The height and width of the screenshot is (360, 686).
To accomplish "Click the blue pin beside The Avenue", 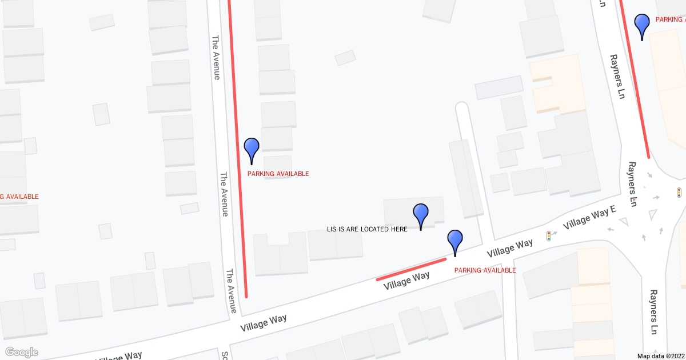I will pos(252,149).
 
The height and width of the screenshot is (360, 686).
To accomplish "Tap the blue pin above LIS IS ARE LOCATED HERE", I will pos(421,215).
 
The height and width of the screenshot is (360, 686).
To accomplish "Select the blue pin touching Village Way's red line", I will pos(454,241).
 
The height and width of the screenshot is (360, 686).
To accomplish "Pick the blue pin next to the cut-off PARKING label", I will pos(643,25).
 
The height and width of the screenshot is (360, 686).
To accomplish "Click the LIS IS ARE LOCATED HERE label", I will pos(367,229).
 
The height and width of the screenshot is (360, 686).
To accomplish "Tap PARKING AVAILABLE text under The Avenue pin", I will pos(278,174).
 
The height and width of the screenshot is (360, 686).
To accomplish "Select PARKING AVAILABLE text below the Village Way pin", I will pos(485,270).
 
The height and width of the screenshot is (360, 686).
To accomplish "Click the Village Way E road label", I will pos(589,218).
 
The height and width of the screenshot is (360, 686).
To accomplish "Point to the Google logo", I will pos(21,352).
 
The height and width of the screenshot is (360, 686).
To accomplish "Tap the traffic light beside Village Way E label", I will pos(548,235).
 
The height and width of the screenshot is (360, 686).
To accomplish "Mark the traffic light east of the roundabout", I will pos(679,193).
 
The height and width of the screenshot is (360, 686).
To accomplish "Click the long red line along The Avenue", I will pos(237,149).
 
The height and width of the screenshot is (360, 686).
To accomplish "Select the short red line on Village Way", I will pos(410,269).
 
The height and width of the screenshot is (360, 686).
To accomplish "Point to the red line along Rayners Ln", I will pos(635,80).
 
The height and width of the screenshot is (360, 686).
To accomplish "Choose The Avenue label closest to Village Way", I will pos(232,291).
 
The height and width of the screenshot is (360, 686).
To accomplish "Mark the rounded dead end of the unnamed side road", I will pos(462,107).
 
